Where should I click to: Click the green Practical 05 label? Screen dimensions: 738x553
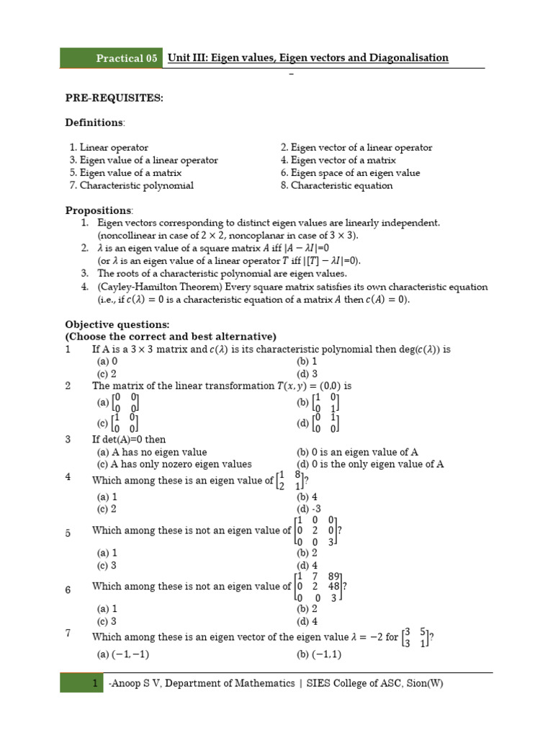tap(112, 58)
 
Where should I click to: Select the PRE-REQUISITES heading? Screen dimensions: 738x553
tap(114, 98)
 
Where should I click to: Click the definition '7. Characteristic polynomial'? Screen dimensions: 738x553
tap(131, 185)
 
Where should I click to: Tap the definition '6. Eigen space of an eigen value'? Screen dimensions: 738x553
tap(350, 173)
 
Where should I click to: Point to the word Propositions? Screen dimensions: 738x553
tap(99, 210)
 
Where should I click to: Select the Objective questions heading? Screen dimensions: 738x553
tap(118, 324)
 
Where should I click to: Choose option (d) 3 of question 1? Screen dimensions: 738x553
tap(307, 373)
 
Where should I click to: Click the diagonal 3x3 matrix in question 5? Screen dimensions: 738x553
tap(317, 530)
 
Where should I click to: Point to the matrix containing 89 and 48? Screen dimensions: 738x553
tap(320, 587)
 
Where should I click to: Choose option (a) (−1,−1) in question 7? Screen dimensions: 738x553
tap(122, 654)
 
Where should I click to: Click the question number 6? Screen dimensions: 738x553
tap(68, 590)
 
